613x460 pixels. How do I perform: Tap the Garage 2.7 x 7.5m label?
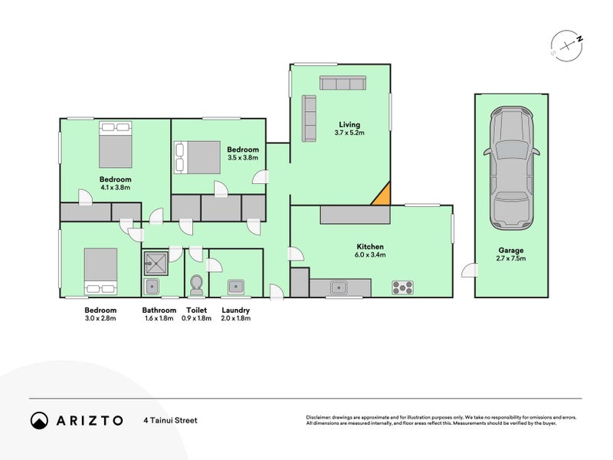click(511, 254)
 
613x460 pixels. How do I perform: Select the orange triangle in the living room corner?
click(382, 196)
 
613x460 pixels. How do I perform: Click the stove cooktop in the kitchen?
click(403, 288)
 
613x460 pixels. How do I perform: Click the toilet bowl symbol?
click(196, 284)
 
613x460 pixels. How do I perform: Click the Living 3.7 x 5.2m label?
click(349, 129)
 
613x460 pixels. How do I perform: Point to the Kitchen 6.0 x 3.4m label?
click(369, 251)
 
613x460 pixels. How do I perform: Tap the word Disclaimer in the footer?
click(321, 418)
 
